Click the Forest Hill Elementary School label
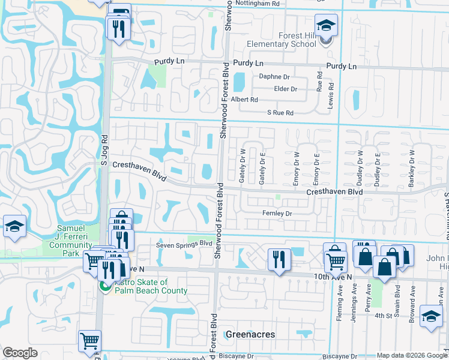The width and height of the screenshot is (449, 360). (282, 40)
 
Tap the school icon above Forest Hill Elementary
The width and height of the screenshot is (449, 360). (327, 25)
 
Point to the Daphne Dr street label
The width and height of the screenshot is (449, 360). (274, 77)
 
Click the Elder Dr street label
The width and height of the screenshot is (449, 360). (285, 89)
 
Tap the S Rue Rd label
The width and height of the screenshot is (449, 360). (280, 113)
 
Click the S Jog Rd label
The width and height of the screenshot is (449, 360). (103, 152)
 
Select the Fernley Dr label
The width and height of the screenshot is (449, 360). (277, 214)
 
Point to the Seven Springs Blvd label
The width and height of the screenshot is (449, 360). (184, 244)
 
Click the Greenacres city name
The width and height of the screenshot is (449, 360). (250, 334)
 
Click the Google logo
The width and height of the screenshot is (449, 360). (20, 353)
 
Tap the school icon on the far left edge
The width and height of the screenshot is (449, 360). (14, 227)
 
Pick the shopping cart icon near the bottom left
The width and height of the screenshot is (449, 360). (89, 341)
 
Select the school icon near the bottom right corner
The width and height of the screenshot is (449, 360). (431, 316)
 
